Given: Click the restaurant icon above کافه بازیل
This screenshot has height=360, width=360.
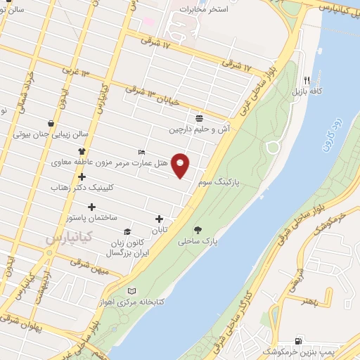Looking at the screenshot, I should (307, 80).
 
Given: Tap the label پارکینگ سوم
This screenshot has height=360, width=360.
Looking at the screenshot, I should (217, 181).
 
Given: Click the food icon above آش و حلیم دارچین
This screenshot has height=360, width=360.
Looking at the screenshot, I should (200, 118).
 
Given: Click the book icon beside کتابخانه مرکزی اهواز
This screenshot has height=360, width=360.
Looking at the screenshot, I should (130, 291).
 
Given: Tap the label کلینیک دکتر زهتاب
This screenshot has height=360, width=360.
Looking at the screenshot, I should (82, 188).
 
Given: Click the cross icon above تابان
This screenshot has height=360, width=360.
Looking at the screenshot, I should (160, 219).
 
